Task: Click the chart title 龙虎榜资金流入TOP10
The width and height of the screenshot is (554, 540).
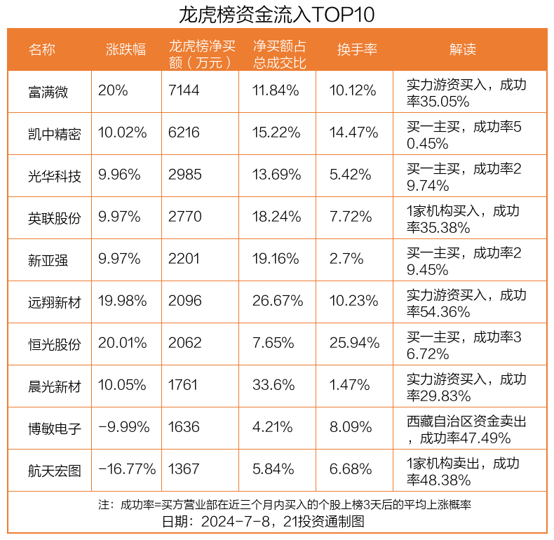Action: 276,14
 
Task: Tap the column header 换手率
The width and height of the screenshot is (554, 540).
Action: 357,49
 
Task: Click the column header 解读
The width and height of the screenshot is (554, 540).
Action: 462,49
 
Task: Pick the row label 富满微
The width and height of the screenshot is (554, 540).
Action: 48,91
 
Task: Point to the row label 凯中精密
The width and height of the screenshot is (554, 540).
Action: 55,133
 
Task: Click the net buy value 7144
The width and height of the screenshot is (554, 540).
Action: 184,90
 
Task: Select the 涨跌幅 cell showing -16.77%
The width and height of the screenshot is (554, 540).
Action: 127,470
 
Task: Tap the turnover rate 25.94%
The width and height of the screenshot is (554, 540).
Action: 354,343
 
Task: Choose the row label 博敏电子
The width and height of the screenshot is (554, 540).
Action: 55,428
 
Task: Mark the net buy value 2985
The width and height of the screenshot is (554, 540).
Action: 184,175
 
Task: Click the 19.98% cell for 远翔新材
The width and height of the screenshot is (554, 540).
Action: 123,301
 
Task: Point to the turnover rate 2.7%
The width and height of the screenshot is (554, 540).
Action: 346,259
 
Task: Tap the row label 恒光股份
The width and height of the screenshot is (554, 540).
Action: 55,344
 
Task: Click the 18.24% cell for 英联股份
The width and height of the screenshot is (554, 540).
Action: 276,217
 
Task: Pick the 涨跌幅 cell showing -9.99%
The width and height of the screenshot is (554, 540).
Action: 124,427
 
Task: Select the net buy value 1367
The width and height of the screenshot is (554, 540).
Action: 184,470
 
